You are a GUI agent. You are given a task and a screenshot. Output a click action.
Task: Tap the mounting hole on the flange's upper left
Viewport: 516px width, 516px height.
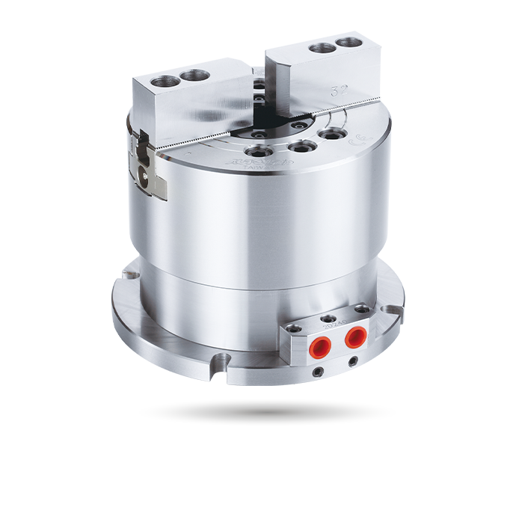pyautogui.click(x=133, y=276)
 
